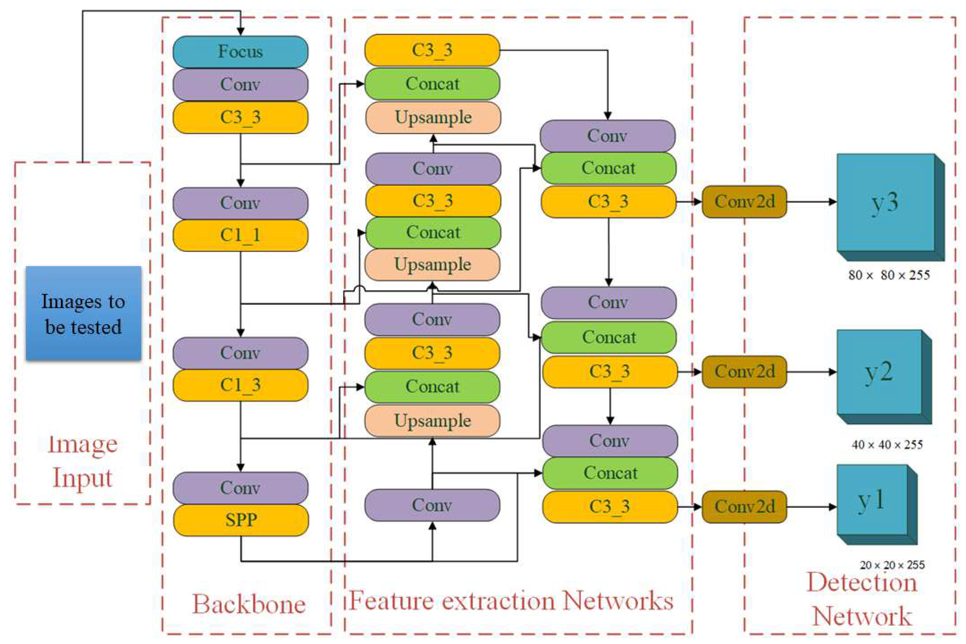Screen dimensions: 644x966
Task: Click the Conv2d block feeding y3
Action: coord(744,202)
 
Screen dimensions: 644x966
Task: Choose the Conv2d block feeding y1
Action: coord(744,506)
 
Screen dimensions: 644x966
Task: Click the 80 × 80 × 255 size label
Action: coord(889,275)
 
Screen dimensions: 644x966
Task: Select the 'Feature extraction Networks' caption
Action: coord(511,601)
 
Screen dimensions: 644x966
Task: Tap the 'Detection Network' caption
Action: coord(862,600)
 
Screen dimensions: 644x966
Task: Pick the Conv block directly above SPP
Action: coord(240,488)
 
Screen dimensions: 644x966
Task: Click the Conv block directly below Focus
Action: coord(240,85)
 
